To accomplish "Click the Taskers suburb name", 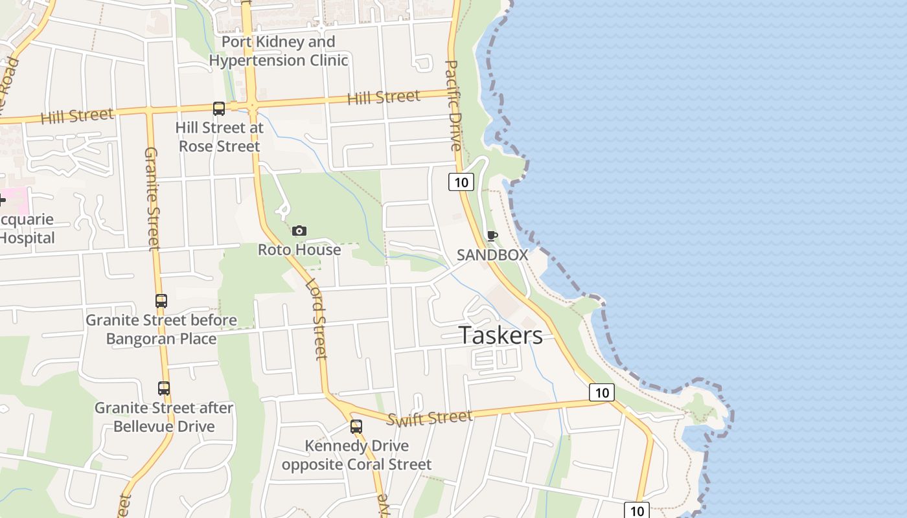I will (x=500, y=335).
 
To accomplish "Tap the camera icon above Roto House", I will (x=299, y=231).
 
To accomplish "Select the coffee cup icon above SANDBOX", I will (x=492, y=236).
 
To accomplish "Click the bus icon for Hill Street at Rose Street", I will (x=219, y=108).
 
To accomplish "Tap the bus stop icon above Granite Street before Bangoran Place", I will (x=161, y=301).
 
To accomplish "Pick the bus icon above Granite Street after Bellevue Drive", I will (x=164, y=388).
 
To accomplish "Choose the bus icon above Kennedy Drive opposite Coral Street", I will (x=356, y=427).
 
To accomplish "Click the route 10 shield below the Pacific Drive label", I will (x=461, y=182).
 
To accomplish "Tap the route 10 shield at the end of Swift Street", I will (x=602, y=392).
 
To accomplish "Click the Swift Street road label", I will (x=430, y=418).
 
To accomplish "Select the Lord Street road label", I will (x=316, y=319).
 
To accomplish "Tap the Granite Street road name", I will (x=151, y=199).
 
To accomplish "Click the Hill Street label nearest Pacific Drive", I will (x=384, y=98).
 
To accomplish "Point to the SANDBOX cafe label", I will (x=492, y=255).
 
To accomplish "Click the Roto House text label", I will (x=299, y=250).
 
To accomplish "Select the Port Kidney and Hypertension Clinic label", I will (x=279, y=51).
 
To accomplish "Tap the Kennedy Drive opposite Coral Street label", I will (x=356, y=455).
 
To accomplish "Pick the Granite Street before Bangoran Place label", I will (x=161, y=330).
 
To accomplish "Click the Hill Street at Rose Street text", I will (x=220, y=137).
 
